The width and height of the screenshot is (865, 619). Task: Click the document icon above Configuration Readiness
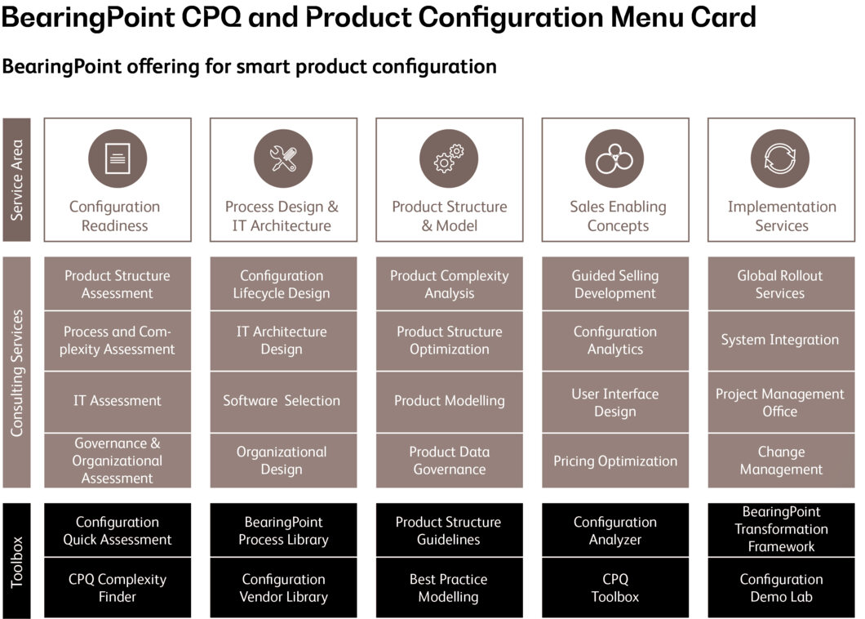point(118,158)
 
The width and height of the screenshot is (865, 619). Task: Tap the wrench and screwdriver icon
point(283,158)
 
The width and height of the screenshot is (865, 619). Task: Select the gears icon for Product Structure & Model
point(449,158)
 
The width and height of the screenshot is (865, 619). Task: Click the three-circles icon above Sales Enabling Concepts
point(614,158)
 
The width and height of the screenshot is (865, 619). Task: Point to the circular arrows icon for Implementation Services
point(780,158)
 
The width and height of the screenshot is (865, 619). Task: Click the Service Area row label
point(16,180)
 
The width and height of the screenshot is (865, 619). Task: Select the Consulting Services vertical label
point(16,372)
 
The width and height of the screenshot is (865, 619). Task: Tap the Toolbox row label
point(16,561)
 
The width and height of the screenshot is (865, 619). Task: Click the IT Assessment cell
point(118,401)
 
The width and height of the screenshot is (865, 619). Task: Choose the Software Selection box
point(282,401)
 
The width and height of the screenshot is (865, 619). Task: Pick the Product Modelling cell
point(449,401)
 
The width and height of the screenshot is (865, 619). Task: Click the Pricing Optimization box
point(614,461)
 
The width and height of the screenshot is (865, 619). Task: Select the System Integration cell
point(780,341)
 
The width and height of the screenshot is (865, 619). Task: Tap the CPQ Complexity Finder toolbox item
point(118,588)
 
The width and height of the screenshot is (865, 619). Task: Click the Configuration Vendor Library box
point(283,588)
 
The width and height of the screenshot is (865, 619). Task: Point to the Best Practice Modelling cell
point(449,588)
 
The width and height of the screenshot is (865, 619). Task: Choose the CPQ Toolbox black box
point(614,588)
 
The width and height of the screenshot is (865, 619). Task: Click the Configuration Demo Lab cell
point(780,588)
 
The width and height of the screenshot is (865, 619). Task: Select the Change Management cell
point(780,461)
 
